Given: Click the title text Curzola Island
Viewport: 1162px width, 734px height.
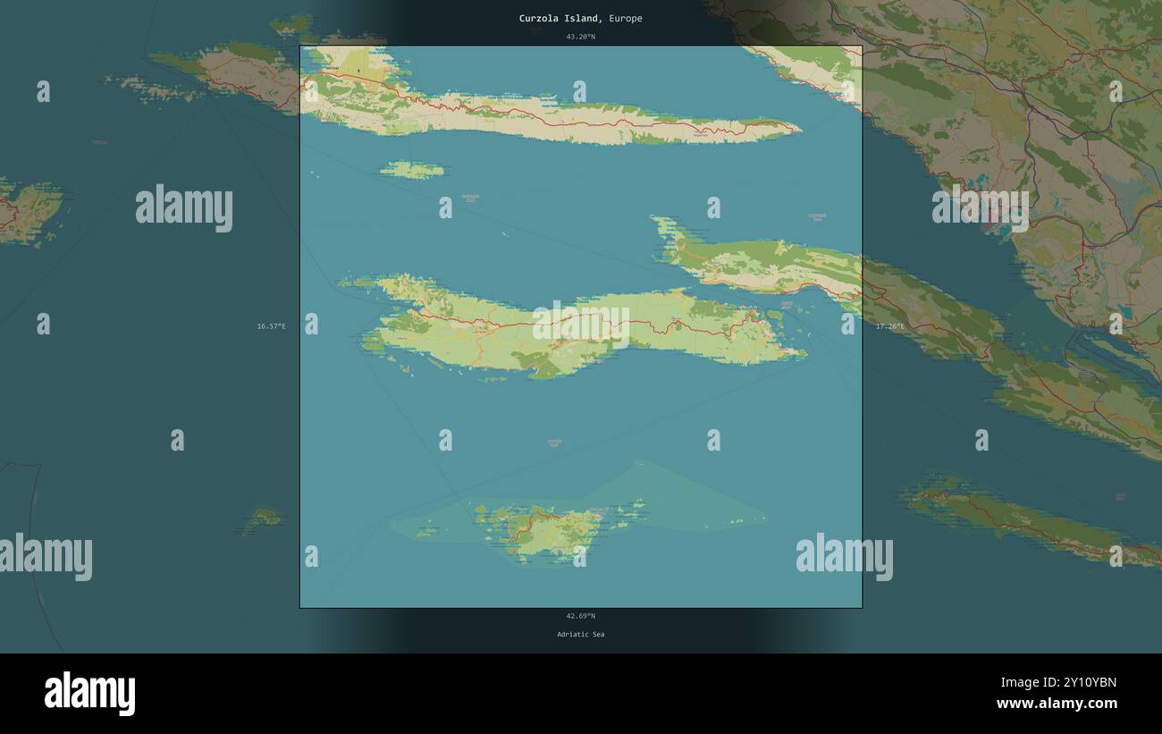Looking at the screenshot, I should (559, 18).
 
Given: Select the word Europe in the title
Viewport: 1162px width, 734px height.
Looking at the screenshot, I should (625, 18).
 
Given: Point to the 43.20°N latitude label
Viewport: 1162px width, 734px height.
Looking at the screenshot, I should (580, 37).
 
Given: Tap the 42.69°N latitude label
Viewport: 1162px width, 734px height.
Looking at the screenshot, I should (580, 615).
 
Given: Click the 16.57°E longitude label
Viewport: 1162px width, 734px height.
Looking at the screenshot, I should (271, 326).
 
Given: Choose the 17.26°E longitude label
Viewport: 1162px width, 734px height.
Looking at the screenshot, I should (889, 326).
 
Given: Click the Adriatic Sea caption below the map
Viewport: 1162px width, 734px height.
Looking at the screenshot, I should (580, 634).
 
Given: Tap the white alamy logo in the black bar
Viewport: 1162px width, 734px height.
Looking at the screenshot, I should (89, 694).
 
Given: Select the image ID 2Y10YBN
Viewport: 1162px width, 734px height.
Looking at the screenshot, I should (1058, 683).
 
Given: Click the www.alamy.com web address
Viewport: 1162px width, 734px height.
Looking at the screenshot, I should (1058, 704).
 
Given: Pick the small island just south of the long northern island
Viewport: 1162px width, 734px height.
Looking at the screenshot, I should (411, 169).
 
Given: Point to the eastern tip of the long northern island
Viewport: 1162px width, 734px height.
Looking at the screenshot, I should (798, 128).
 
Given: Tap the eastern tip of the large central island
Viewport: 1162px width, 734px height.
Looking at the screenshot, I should (804, 355).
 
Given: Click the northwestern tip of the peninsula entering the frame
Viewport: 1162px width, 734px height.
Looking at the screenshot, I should (655, 218).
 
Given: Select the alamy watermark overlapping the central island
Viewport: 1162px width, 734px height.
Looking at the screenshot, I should (581, 325).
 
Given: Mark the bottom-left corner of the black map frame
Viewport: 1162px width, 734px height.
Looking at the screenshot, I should (300, 608).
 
